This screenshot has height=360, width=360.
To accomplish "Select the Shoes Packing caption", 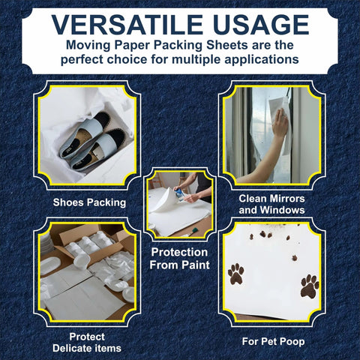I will point(89,202).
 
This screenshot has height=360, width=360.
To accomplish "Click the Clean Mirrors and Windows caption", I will point(271,204).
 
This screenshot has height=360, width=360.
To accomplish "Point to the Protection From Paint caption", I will point(179,258).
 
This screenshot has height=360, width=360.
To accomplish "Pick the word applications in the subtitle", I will point(256,59).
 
